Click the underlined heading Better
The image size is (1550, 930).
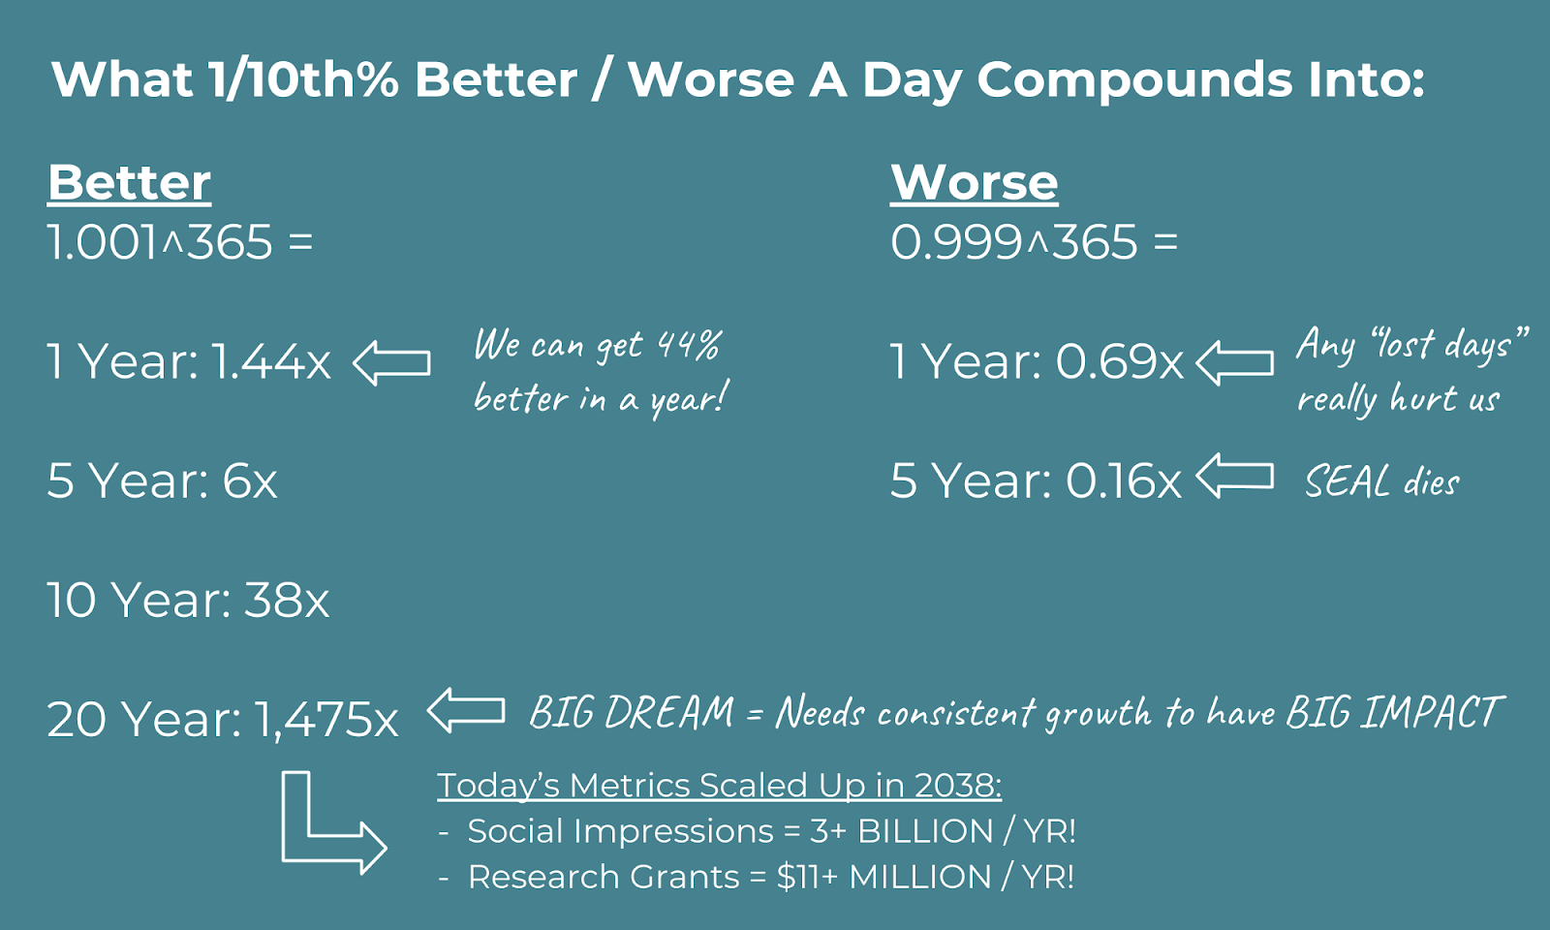(x=129, y=183)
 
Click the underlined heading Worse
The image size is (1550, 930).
(x=974, y=183)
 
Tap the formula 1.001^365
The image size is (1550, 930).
(x=160, y=242)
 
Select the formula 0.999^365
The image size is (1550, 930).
(x=1013, y=242)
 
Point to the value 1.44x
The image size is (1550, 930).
(x=271, y=361)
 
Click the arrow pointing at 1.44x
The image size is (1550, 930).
(x=391, y=362)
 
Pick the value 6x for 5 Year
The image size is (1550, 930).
(x=250, y=480)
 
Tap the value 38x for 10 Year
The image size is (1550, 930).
(x=287, y=600)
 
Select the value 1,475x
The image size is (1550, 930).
(x=325, y=720)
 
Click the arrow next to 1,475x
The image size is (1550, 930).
(x=466, y=710)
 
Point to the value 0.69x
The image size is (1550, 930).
(x=1120, y=361)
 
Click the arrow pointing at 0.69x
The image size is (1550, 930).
(x=1234, y=362)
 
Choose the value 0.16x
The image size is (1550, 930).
(x=1124, y=480)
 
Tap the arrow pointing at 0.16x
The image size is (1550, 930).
(x=1234, y=476)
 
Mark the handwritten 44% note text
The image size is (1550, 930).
(x=601, y=372)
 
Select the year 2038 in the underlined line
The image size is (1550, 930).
(x=958, y=786)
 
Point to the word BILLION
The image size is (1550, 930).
(x=925, y=831)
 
